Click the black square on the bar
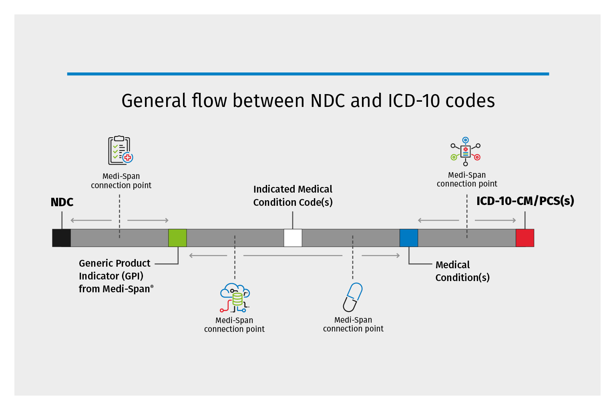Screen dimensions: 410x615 coord(62,238)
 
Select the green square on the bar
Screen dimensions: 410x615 coord(177,238)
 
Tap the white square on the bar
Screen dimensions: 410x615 coord(293,238)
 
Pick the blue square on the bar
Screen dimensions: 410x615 coord(409,238)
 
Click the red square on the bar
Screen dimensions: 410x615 coord(525,238)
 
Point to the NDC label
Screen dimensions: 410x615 coord(62,202)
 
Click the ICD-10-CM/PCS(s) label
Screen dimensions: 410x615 coord(525,201)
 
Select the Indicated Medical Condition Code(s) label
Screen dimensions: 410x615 coord(293,195)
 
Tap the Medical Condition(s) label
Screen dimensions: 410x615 coord(462,271)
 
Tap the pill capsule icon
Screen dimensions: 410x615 coord(353,297)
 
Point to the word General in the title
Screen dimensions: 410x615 coord(154,100)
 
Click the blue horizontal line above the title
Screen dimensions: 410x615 coord(308,74)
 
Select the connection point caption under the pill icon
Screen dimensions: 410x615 coord(353,324)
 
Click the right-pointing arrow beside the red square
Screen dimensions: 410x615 coord(495,220)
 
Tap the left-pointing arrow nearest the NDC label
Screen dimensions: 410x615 coord(91,220)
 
